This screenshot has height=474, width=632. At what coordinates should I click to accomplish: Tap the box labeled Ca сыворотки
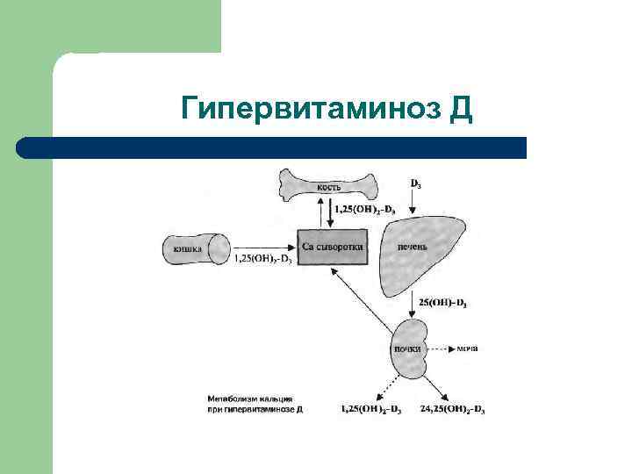[331, 248]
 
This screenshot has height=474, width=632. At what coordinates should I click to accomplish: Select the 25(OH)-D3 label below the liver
[442, 304]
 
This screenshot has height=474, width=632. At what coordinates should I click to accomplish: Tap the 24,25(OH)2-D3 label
[452, 409]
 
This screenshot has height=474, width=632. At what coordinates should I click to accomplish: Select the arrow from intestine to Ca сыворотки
[263, 248]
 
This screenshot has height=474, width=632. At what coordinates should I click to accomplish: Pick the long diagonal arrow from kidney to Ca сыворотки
[360, 298]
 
